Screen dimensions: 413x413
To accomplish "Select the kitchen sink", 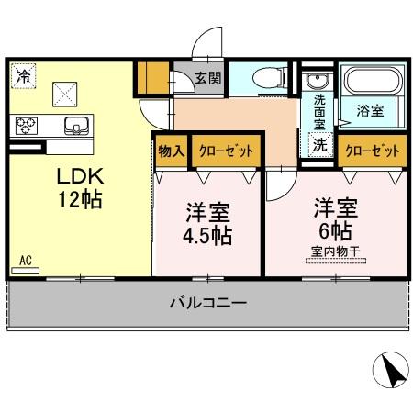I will click(73, 124).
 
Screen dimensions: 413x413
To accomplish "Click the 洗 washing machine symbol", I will click(319, 144).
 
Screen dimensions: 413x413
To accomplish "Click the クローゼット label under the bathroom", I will click(373, 149).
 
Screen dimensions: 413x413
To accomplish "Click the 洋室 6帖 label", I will click(335, 217).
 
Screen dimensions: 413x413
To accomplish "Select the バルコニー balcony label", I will click(207, 302).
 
